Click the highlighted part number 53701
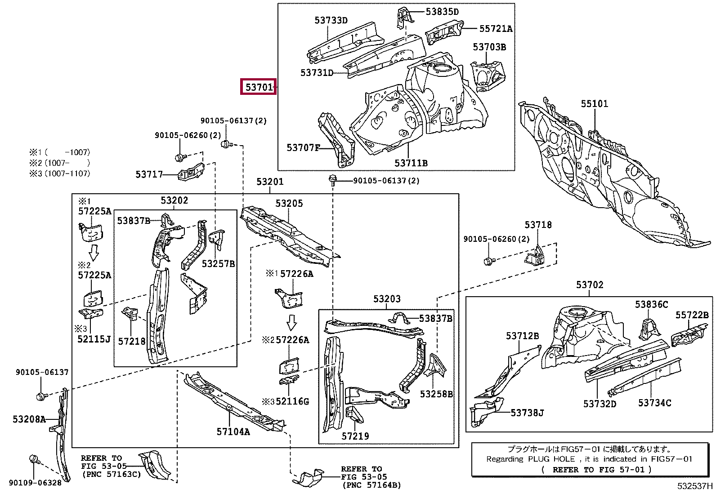pyautogui.click(x=259, y=87)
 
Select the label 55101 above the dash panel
pyautogui.click(x=595, y=103)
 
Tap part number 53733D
pyautogui.click(x=331, y=20)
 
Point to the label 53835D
pyautogui.click(x=442, y=12)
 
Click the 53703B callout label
pyautogui.click(x=489, y=47)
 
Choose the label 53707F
pyautogui.click(x=303, y=147)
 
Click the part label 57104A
pyautogui.click(x=233, y=432)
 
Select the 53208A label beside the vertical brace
pyautogui.click(x=29, y=419)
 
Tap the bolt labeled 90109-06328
pyautogui.click(x=34, y=460)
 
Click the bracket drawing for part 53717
pyautogui.click(x=191, y=172)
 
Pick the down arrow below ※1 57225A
pyautogui.click(x=94, y=253)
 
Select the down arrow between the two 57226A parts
pyautogui.click(x=291, y=323)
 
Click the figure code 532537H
pyautogui.click(x=695, y=486)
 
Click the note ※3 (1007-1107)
pyautogui.click(x=60, y=174)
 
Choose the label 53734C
pyautogui.click(x=655, y=403)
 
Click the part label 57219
pyautogui.click(x=355, y=436)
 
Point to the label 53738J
pyautogui.click(x=527, y=413)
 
